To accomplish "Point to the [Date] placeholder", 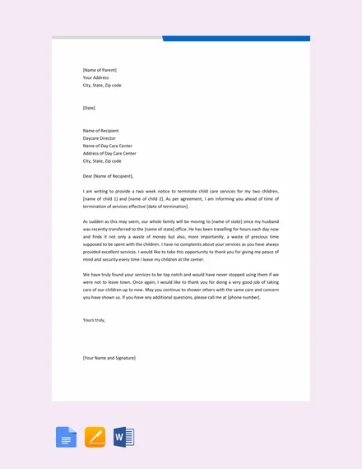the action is click(x=89, y=108).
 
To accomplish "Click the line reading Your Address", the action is click(x=95, y=77).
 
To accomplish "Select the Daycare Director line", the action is click(x=101, y=137).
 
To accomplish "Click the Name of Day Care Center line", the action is click(x=109, y=146).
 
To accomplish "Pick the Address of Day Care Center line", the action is click(x=109, y=153).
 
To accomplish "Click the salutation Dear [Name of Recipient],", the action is click(x=108, y=176).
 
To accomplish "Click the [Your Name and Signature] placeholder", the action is click(x=109, y=358).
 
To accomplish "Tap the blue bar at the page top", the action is click(x=236, y=38).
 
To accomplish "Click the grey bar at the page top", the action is click(x=107, y=38).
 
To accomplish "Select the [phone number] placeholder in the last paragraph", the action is click(x=244, y=296).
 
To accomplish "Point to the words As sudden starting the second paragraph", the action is click(x=92, y=221).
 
